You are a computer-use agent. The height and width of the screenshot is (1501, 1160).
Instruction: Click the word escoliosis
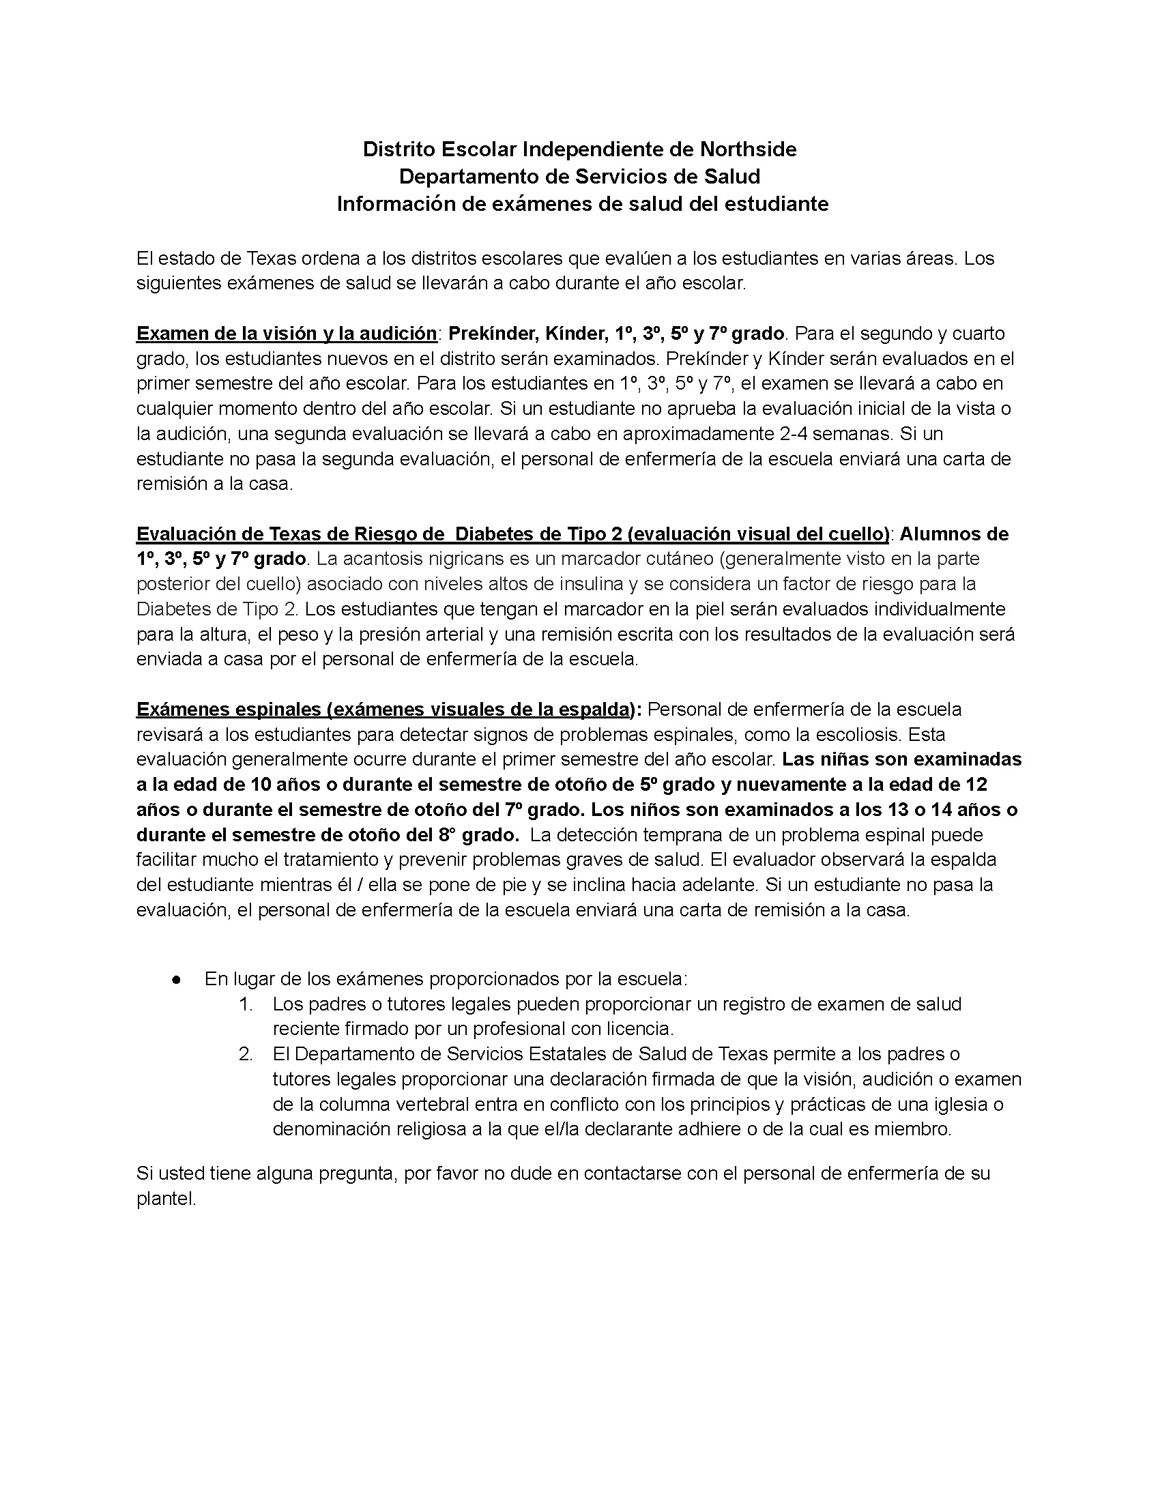[844, 735]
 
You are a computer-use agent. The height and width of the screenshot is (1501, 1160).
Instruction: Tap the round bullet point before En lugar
[177, 979]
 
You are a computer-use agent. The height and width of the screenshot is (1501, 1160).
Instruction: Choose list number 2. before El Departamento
[246, 1054]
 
